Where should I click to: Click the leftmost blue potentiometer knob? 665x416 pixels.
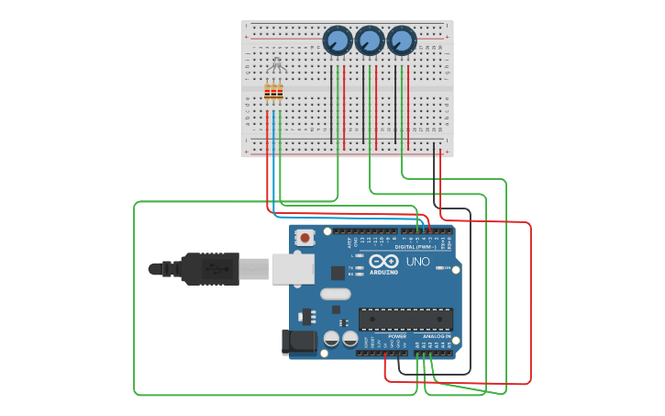coord(338,40)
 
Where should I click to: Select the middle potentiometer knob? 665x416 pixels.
coord(369,40)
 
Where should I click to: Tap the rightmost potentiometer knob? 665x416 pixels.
coord(401,40)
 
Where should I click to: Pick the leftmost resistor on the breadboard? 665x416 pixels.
coord(268,92)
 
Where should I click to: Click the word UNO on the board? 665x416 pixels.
coord(417,262)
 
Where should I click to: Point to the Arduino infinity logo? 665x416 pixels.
coord(384,262)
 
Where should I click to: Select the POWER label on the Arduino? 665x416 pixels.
coord(397,337)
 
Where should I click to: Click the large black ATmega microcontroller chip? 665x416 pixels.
coord(405,319)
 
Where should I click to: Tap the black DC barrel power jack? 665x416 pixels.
coord(299,343)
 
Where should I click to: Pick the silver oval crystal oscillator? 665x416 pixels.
coord(336,295)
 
